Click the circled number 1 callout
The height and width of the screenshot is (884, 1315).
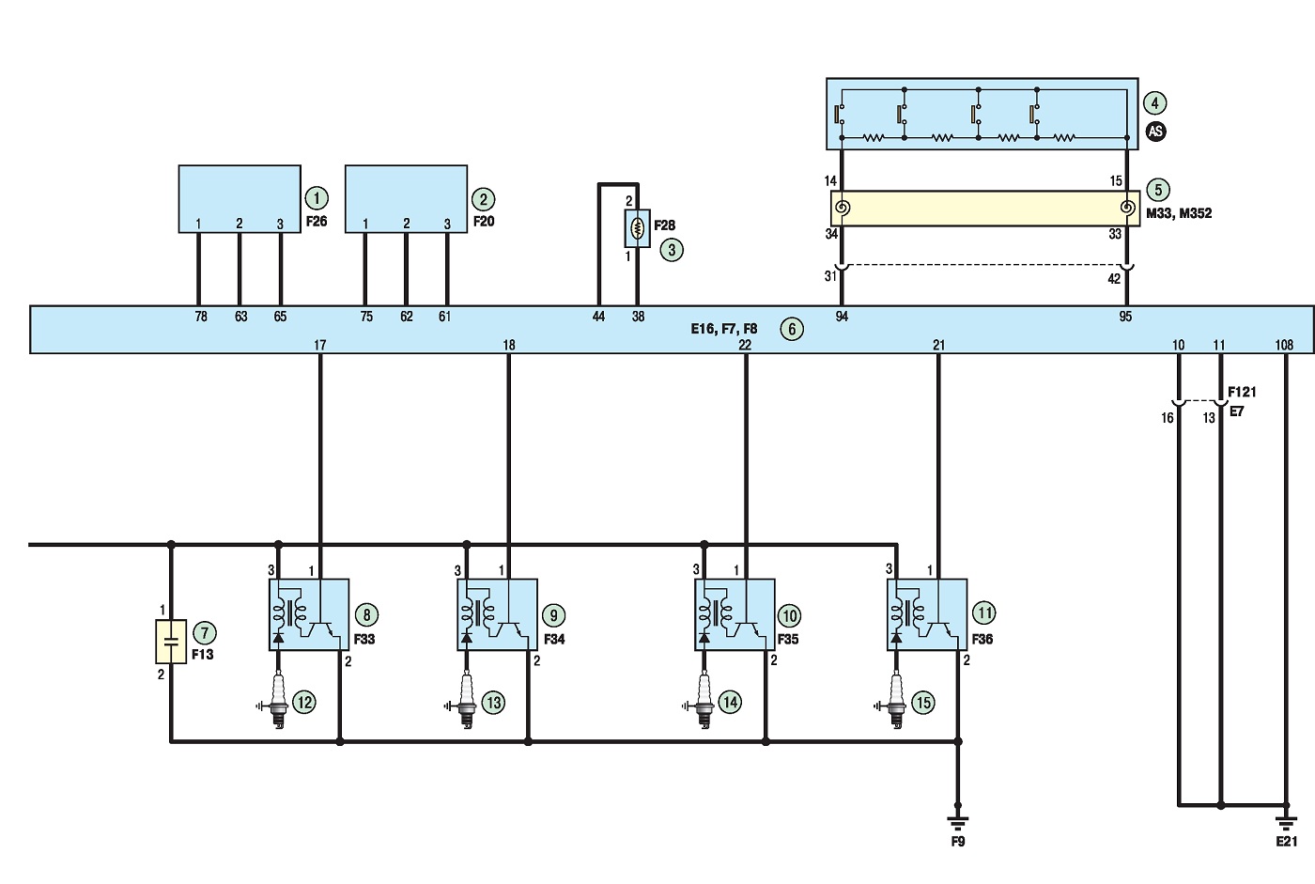click(x=317, y=198)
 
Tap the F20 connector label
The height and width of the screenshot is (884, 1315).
click(x=484, y=222)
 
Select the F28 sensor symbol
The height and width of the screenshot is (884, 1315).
click(x=638, y=228)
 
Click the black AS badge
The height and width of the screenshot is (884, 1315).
click(x=1155, y=131)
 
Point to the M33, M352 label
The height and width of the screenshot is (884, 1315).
click(x=1179, y=213)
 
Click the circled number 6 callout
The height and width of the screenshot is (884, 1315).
click(x=791, y=330)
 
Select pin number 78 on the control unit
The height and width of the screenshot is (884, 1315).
click(x=201, y=317)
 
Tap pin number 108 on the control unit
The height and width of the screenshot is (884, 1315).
click(x=1284, y=345)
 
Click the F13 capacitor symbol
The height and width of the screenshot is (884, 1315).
click(x=171, y=642)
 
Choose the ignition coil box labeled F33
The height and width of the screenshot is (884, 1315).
click(x=309, y=614)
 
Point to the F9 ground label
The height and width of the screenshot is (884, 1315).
click(x=957, y=842)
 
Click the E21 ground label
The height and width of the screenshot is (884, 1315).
click(x=1286, y=842)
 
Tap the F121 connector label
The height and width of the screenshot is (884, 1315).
click(x=1242, y=392)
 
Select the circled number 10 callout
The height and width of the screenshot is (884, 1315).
click(x=790, y=615)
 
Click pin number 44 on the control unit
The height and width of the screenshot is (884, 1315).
click(x=598, y=317)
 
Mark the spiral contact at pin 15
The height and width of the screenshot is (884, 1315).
click(x=1126, y=208)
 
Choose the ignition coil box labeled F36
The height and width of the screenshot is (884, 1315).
click(x=927, y=614)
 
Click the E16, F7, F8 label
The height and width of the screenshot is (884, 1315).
click(x=724, y=329)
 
